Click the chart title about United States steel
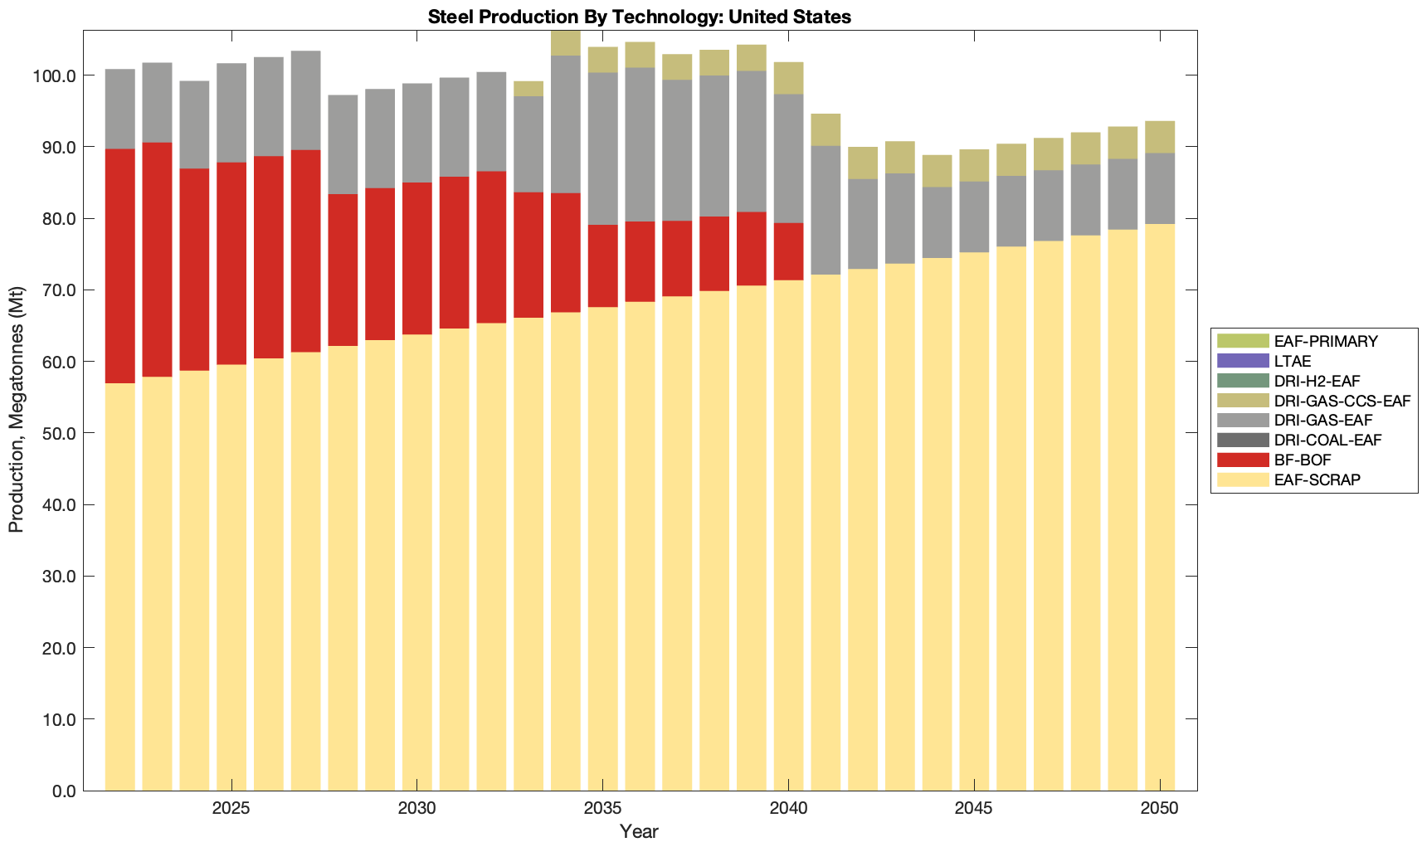point(640,17)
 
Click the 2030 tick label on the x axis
point(416,809)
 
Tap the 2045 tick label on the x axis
point(974,809)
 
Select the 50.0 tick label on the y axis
point(58,434)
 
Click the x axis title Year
point(639,831)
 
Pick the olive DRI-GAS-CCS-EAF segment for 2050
point(1160,137)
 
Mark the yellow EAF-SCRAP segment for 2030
point(416,562)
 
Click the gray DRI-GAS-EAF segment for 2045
point(974,217)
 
